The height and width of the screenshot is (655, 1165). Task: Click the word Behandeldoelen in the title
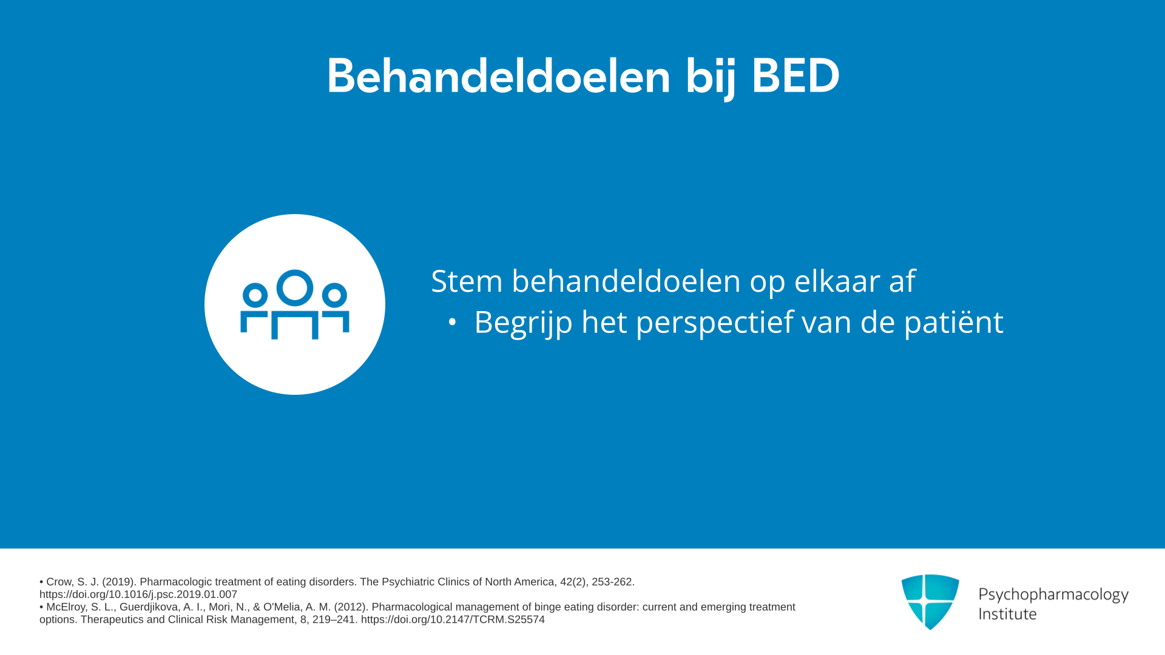[499, 76]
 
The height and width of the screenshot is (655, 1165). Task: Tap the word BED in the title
[795, 76]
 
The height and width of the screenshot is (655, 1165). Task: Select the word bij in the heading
[711, 78]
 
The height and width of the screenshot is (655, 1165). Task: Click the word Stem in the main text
[467, 281]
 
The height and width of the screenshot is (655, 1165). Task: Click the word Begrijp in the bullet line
[523, 322]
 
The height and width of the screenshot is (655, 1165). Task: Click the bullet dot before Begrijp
[452, 322]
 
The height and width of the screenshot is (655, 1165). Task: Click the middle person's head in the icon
[295, 287]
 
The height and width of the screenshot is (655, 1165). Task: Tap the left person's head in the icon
[255, 295]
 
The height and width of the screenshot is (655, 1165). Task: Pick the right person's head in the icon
[334, 295]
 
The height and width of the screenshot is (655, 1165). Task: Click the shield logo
[930, 602]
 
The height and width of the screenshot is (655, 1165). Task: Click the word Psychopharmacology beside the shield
[1053, 594]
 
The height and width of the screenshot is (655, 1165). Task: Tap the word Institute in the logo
[1007, 614]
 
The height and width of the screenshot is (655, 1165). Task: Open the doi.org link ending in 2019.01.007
[138, 594]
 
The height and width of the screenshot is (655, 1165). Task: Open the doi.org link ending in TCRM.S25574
[453, 619]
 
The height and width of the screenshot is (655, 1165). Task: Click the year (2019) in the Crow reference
[119, 582]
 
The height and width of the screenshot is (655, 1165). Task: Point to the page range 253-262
[613, 582]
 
